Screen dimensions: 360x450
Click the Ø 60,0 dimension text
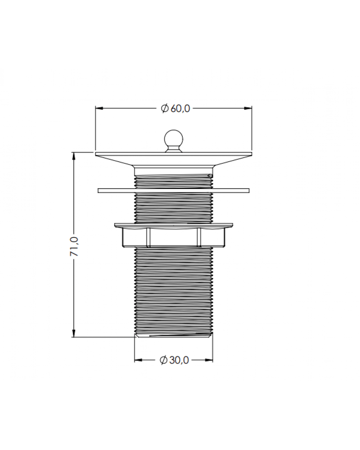(175, 108)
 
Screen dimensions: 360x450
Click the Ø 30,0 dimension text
(174, 360)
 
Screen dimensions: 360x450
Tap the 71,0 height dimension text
(74, 247)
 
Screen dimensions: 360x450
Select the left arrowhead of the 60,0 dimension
(99, 108)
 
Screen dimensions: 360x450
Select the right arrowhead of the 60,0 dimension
(248, 108)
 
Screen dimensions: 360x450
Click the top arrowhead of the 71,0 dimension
(74, 156)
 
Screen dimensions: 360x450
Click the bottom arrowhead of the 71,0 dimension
(74, 333)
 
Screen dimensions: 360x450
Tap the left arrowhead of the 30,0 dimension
(139, 360)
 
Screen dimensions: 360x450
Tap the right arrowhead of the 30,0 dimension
(209, 360)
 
